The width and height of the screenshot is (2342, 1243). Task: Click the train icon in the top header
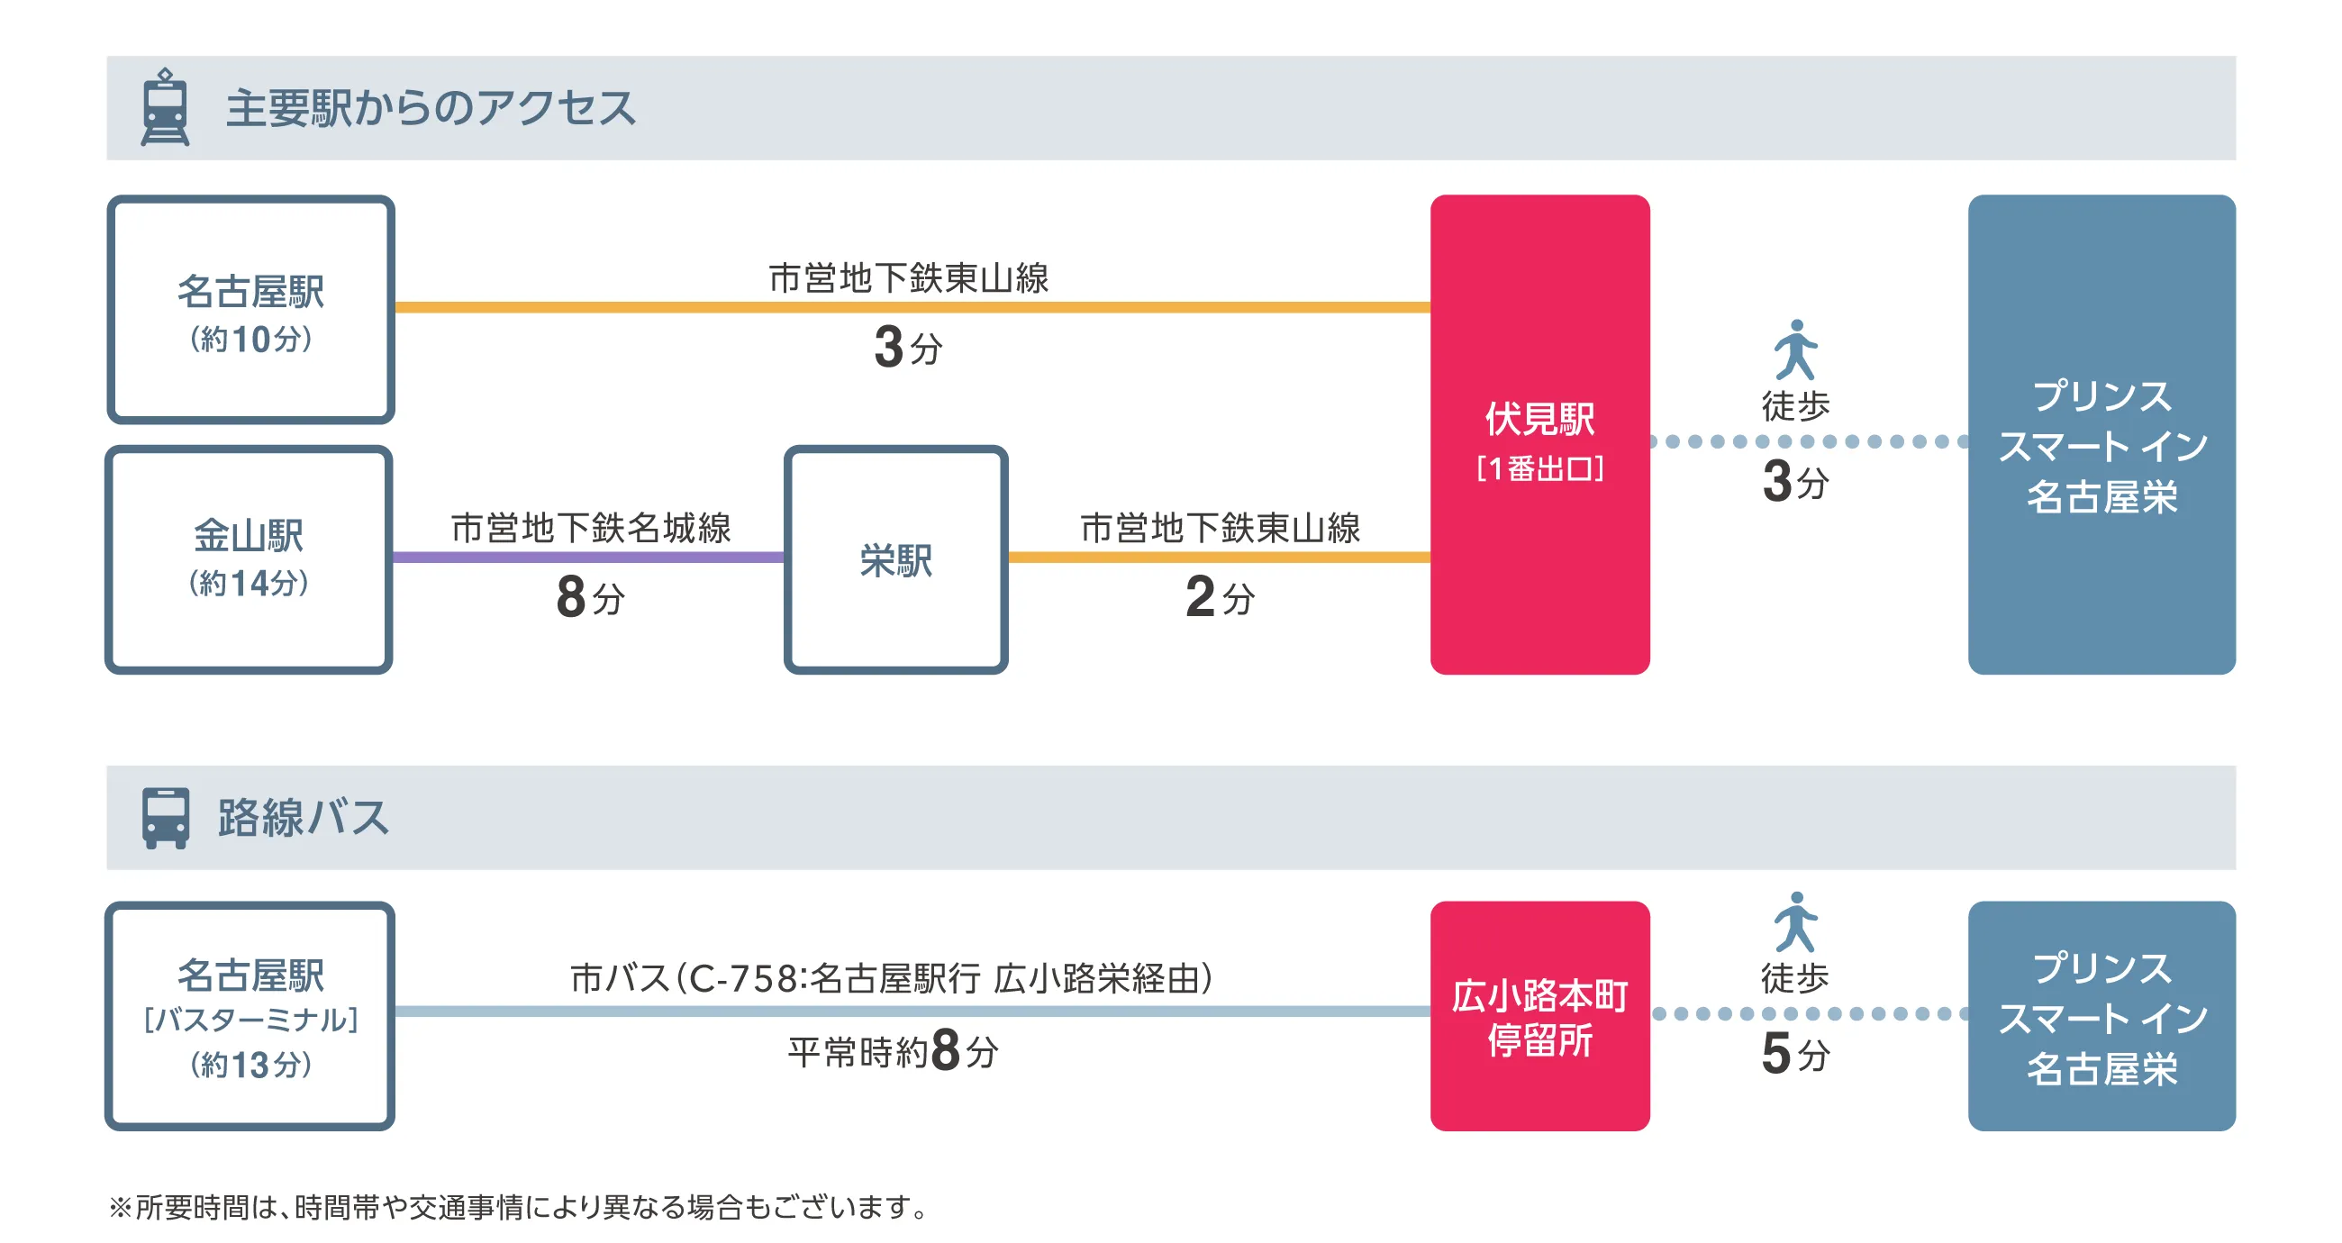[165, 107]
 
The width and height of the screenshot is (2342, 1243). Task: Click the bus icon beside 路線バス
[165, 818]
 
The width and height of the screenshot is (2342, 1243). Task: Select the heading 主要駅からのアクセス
[430, 108]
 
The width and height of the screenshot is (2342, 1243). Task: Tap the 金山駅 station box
[250, 558]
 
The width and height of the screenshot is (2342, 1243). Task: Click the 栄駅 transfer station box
[895, 559]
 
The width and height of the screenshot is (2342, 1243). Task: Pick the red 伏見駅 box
[1539, 434]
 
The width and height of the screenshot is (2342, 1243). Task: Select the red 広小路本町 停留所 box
[1539, 1016]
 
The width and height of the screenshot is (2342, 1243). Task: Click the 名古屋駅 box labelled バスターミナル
[250, 1016]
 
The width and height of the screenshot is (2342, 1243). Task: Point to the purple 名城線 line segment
[588, 558]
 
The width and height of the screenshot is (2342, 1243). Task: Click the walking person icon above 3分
[1794, 349]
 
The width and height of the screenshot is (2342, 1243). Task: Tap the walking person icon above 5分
[1794, 921]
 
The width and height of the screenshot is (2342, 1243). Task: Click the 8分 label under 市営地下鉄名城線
[590, 597]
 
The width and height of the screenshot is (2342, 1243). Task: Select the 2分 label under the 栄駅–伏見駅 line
[1219, 597]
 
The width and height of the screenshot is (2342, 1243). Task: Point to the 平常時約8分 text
[893, 1051]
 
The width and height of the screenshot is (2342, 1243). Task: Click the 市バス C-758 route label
[891, 978]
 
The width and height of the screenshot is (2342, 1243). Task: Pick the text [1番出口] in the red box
[1539, 469]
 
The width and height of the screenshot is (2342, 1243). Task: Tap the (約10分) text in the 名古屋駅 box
[251, 340]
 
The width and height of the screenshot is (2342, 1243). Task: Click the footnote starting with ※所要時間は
[518, 1207]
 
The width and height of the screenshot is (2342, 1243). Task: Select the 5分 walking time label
[1794, 1054]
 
